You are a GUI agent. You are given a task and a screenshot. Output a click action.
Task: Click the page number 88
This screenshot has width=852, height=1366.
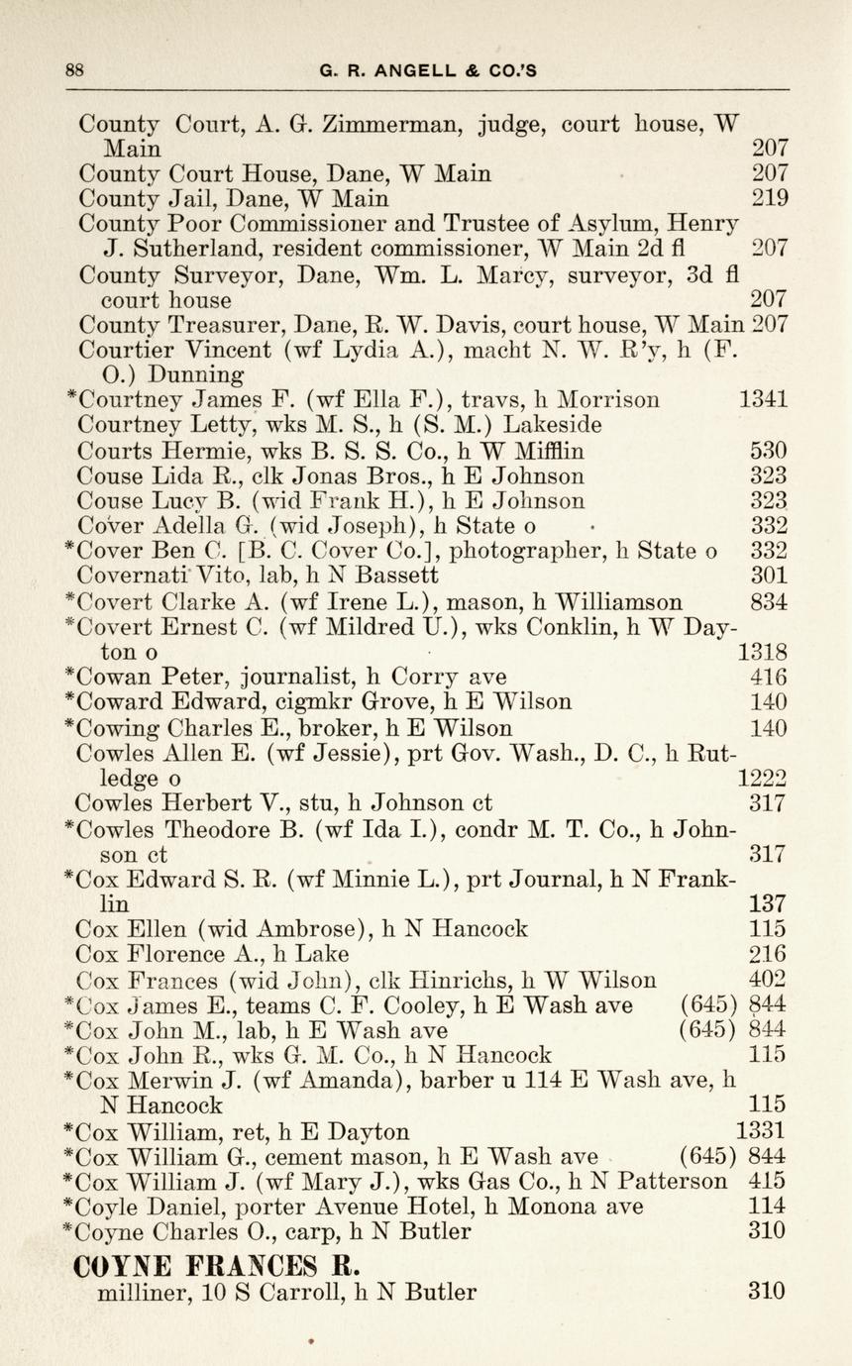click(x=74, y=70)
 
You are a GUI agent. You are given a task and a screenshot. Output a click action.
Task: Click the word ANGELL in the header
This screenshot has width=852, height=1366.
click(x=406, y=70)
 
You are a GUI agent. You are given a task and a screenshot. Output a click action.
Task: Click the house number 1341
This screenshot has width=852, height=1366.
click(x=764, y=400)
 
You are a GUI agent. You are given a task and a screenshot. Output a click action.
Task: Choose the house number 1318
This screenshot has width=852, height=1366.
click(x=764, y=653)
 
